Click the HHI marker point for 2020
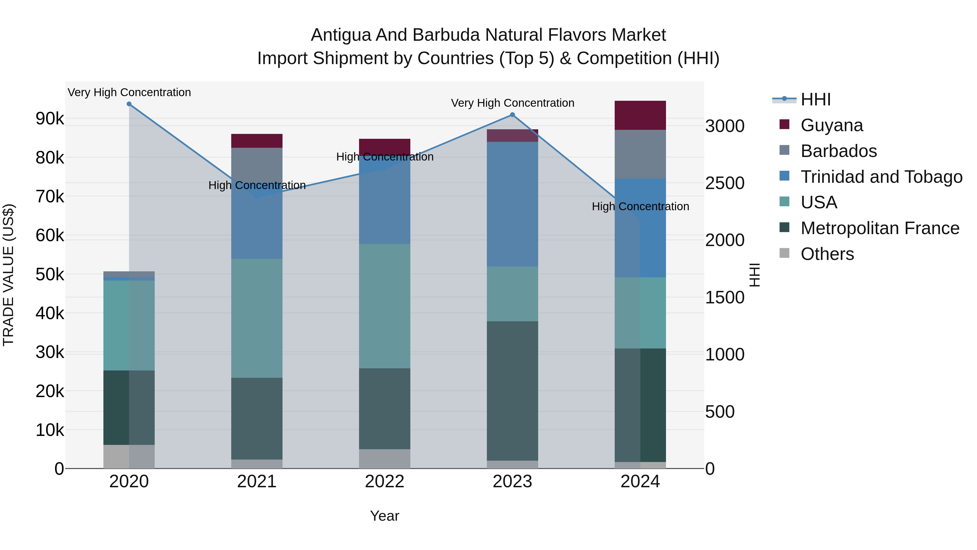[x=129, y=104]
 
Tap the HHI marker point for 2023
[x=512, y=115]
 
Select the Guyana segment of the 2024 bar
[x=640, y=115]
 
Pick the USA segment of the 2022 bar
[x=385, y=306]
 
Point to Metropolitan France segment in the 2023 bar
[x=512, y=391]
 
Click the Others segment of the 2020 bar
[x=129, y=457]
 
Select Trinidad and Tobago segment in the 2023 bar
[x=512, y=204]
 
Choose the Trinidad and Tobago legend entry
[x=881, y=177]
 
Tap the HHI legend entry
[x=816, y=99]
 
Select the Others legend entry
[x=827, y=254]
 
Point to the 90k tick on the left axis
[x=50, y=119]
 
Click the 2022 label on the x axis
[x=385, y=482]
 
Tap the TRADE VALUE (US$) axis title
[x=8, y=275]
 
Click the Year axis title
[x=385, y=516]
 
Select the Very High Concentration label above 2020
[x=129, y=92]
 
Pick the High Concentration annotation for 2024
[x=640, y=206]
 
